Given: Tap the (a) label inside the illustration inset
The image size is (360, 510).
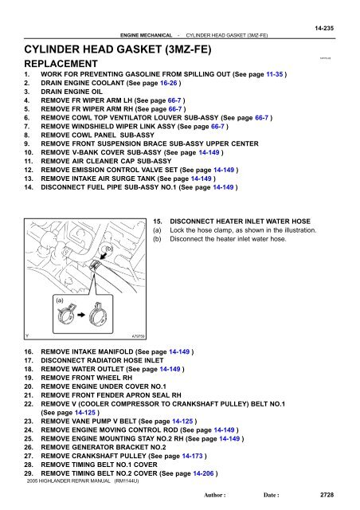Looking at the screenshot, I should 59,300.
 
